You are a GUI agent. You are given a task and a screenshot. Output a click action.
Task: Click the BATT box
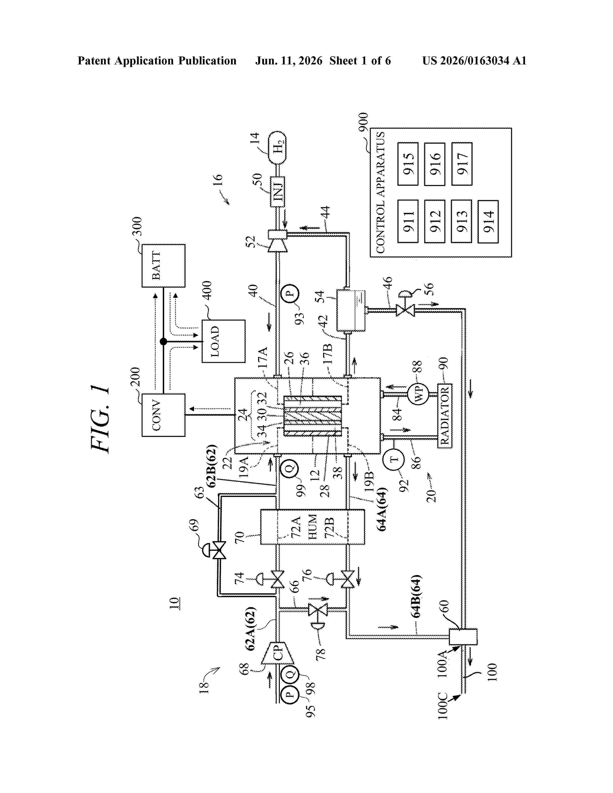(x=163, y=266)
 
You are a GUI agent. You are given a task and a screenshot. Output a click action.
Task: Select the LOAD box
(x=223, y=341)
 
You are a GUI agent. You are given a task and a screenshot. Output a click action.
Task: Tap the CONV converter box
(x=163, y=415)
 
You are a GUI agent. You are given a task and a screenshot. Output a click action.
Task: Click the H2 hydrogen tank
(x=277, y=148)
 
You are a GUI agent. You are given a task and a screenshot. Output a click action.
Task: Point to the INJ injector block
(x=277, y=192)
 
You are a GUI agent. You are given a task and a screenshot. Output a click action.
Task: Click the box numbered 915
(x=408, y=164)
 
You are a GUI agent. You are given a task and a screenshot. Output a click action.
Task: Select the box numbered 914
(x=488, y=222)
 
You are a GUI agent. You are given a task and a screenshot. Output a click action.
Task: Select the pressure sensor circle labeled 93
(x=290, y=293)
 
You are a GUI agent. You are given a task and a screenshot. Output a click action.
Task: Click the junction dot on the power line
(x=163, y=341)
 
